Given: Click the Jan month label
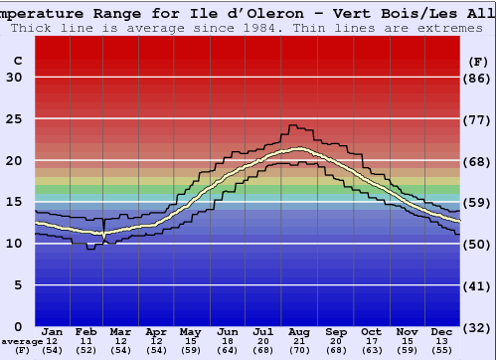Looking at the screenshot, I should [x=53, y=331].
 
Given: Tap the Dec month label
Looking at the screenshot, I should [x=442, y=331].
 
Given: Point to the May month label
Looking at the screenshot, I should [x=189, y=331].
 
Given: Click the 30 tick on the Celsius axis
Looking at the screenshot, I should [x=14, y=78].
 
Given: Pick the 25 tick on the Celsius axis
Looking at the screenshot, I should [x=14, y=119].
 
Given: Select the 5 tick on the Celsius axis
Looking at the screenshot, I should [x=17, y=285].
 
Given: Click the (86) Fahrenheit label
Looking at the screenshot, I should [x=478, y=78].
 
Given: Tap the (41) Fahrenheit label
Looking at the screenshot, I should [x=478, y=285].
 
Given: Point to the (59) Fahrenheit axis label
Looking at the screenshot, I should [x=478, y=203].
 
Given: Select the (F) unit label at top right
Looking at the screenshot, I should [x=478, y=61].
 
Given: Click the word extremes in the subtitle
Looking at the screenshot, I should [x=449, y=28].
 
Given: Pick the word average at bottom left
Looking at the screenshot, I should [x=22, y=341].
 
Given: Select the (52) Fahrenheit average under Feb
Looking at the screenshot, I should [x=86, y=350].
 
